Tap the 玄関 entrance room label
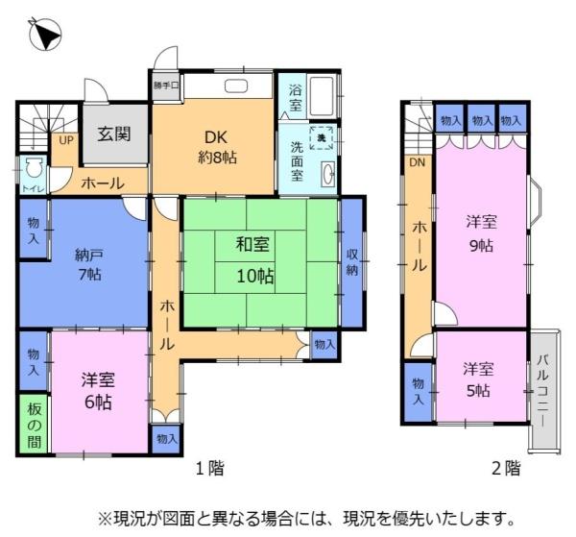[113, 134]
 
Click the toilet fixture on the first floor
[35, 169]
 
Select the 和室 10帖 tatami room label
[255, 260]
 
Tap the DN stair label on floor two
[417, 162]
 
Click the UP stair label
[65, 139]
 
